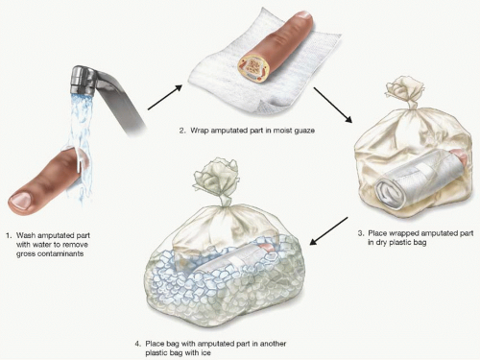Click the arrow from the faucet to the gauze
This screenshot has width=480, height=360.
(x=165, y=97)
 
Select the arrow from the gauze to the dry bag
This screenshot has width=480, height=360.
(x=333, y=105)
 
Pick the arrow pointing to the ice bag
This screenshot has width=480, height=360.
(x=328, y=231)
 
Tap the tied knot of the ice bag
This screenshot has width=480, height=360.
(x=218, y=180)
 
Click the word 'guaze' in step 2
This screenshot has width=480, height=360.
(x=303, y=131)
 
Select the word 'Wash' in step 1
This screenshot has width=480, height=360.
(x=27, y=235)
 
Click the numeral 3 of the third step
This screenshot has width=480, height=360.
(x=360, y=233)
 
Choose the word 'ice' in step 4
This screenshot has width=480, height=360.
(x=205, y=353)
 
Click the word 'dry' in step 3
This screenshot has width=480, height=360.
(x=381, y=243)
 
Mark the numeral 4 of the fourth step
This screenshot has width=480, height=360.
(x=137, y=344)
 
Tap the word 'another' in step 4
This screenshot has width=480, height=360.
(x=273, y=344)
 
